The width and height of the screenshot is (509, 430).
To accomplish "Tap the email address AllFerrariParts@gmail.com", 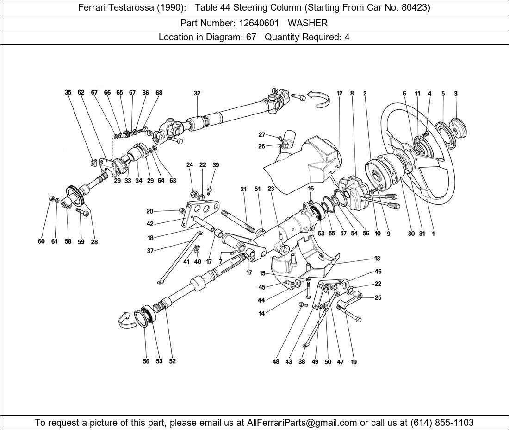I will pyautogui.click(x=302, y=423).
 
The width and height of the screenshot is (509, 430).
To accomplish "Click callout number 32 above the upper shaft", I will pyautogui.click(x=197, y=93).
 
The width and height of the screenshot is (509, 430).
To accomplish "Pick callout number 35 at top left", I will pyautogui.click(x=68, y=93).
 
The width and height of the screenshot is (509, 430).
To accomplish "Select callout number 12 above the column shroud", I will pyautogui.click(x=339, y=93).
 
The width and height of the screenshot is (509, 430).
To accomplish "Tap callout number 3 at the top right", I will pyautogui.click(x=455, y=94).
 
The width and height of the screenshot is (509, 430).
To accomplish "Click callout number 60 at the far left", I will pyautogui.click(x=41, y=241).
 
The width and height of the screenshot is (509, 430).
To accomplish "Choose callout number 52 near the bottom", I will pyautogui.click(x=172, y=361).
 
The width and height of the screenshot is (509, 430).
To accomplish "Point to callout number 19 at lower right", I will pyautogui.click(x=354, y=362).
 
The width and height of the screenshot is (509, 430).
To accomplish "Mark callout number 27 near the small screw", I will pyautogui.click(x=261, y=135).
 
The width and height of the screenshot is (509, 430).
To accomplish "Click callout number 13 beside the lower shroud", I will pyautogui.click(x=378, y=259).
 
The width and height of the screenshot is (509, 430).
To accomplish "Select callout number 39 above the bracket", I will pyautogui.click(x=216, y=165).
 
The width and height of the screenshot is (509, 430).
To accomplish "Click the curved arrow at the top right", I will pyautogui.click(x=320, y=98).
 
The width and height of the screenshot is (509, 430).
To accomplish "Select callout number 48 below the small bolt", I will pyautogui.click(x=276, y=362).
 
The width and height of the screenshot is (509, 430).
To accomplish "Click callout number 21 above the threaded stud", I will pyautogui.click(x=244, y=189).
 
